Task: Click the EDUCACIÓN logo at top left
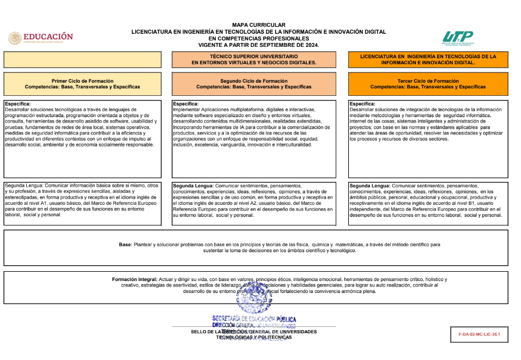click(x=41, y=38)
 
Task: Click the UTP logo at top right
click(x=458, y=38)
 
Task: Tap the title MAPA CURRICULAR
click(x=258, y=25)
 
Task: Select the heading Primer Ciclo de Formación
click(x=82, y=81)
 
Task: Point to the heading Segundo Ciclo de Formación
click(x=253, y=81)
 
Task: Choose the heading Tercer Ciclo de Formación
click(x=428, y=81)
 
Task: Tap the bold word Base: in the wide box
click(x=125, y=245)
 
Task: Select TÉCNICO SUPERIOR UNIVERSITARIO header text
click(x=253, y=56)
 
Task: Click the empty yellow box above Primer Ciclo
click(x=82, y=59)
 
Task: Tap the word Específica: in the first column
click(x=17, y=103)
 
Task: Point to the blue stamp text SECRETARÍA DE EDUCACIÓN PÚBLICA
click(x=254, y=319)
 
